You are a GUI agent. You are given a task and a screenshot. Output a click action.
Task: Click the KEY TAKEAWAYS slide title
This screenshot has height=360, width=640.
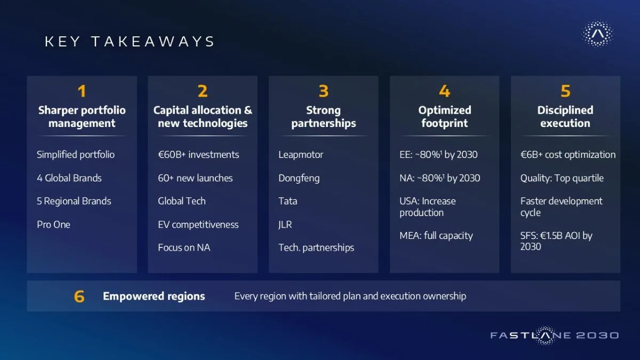point(130,42)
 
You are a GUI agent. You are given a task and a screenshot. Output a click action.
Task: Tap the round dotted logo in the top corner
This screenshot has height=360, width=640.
point(597,34)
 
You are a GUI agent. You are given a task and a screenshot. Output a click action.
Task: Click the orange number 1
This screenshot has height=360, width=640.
point(82,91)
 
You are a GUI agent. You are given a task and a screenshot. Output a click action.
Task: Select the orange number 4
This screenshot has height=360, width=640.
point(445,91)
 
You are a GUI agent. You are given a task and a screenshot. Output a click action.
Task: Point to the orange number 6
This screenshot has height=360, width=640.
point(79,297)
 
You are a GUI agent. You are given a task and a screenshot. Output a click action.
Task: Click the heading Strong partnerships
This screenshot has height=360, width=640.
point(323,117)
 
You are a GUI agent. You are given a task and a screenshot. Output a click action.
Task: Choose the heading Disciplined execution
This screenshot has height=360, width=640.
point(565,117)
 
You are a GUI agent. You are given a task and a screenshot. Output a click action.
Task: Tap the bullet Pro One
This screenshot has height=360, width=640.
point(53,225)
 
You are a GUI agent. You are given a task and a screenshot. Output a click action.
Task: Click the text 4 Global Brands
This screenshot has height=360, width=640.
point(69,178)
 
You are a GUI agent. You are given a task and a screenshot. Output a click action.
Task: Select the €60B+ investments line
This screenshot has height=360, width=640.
point(198,155)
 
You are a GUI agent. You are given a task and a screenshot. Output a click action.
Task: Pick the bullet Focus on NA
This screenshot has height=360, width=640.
point(184,247)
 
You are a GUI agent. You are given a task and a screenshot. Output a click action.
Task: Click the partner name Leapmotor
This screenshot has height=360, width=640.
point(301,155)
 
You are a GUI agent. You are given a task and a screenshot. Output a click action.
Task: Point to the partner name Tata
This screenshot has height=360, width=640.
point(287,201)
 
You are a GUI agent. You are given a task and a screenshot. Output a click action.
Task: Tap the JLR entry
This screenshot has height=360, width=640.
point(285,225)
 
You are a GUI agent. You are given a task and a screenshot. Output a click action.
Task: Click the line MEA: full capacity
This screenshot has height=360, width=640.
point(436,236)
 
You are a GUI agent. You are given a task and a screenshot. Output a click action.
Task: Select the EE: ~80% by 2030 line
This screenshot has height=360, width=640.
point(438,155)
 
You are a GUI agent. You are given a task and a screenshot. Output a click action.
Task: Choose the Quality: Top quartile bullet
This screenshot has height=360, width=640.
point(562,178)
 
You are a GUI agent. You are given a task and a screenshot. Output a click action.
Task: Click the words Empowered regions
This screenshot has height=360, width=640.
point(154,297)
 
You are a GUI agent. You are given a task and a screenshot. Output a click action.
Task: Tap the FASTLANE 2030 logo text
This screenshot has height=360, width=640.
point(554,335)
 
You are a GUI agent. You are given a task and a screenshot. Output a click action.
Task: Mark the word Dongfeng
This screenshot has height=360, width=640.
point(299,178)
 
